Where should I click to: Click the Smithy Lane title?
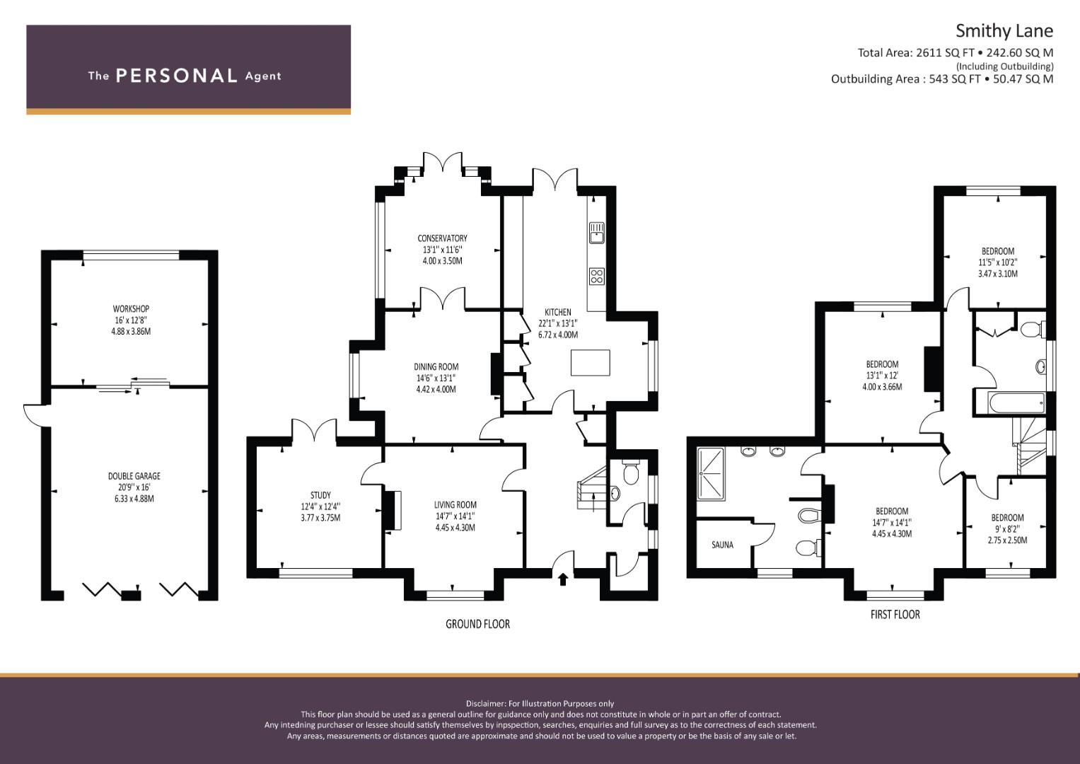point(1004,31)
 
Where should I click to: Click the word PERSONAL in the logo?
point(177,76)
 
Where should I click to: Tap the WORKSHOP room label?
point(131,308)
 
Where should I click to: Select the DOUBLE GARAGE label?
point(134,476)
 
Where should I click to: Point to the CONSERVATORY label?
point(442,238)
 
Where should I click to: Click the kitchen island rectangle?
point(590,363)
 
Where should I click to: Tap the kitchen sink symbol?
point(597,233)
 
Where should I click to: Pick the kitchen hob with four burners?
point(597,277)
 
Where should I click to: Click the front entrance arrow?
point(563,579)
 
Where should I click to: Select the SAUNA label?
point(722,545)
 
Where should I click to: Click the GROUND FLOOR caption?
point(477,624)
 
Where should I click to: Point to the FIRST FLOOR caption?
point(895,615)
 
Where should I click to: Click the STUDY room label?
point(320,495)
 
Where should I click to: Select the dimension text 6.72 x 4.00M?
point(558,335)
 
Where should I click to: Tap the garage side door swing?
point(34,415)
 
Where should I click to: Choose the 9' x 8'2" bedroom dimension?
point(1007,529)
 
